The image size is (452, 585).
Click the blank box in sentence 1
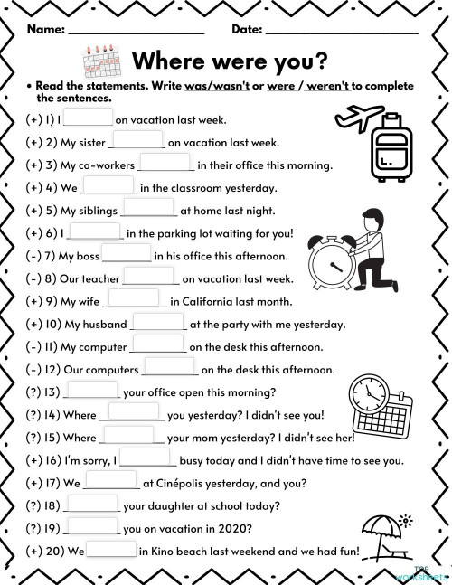pyautogui.click(x=89, y=118)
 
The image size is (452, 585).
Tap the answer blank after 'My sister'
pyautogui.click(x=138, y=140)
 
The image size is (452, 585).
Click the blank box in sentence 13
pyautogui.click(x=92, y=390)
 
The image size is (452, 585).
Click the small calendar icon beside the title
pyautogui.click(x=101, y=61)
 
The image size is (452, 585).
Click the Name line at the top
pyautogui.click(x=136, y=29)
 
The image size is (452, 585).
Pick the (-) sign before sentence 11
pyautogui.click(x=34, y=346)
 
